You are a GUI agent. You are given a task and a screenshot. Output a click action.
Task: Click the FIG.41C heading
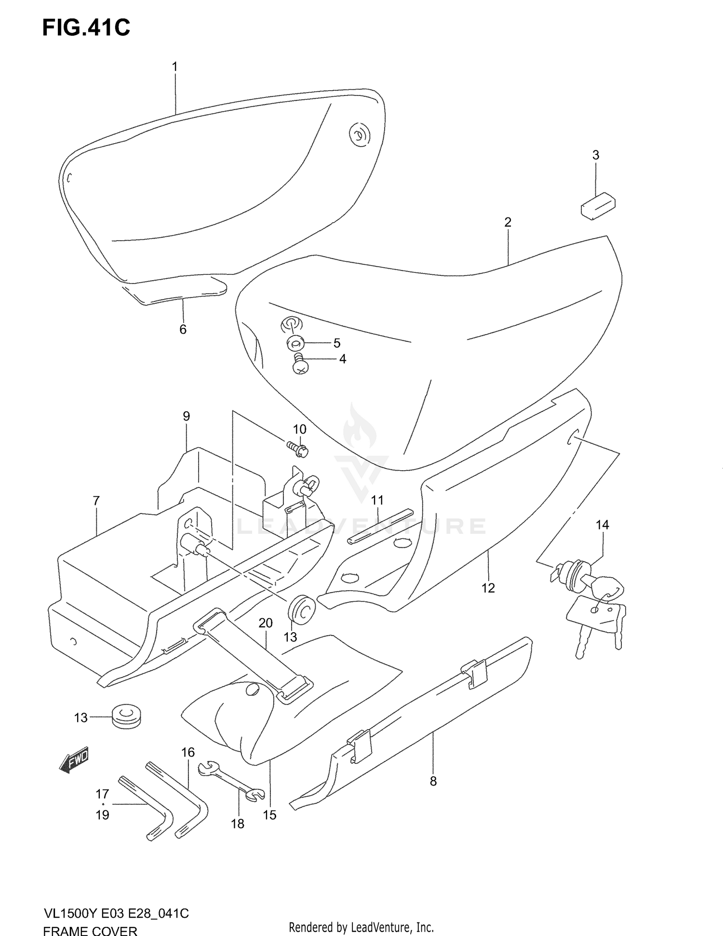tap(86, 28)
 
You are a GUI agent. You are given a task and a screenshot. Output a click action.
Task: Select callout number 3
tap(596, 155)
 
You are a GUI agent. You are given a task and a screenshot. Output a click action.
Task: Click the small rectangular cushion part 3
tap(598, 206)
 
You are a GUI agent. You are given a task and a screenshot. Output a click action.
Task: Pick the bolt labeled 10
tap(299, 448)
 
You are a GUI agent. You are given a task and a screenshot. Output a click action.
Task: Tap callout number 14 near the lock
tap(602, 525)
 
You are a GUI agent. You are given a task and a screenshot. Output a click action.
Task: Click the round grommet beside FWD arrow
tap(128, 718)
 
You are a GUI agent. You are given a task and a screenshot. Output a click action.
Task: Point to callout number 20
tap(266, 623)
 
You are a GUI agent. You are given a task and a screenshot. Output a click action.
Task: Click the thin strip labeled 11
tap(381, 526)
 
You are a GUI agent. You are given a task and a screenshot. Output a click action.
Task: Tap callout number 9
tap(187, 416)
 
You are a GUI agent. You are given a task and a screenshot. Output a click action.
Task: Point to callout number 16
tap(188, 752)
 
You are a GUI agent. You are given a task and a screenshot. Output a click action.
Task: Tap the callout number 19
tap(103, 815)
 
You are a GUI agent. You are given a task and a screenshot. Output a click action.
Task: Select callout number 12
tap(488, 588)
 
